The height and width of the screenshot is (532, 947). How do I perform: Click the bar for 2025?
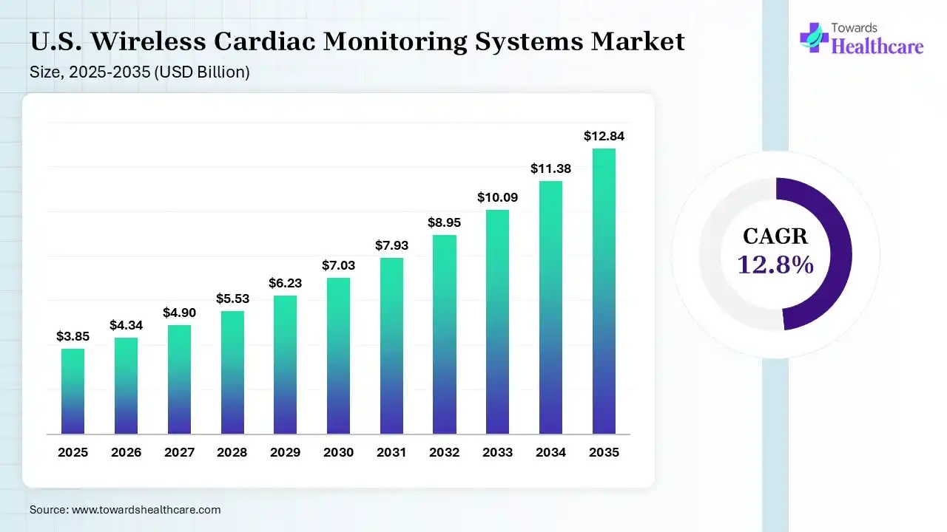[73, 391]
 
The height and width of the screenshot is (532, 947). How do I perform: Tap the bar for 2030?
[338, 355]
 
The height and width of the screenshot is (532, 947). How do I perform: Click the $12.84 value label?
[604, 136]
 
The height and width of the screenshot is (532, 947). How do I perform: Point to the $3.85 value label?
[73, 336]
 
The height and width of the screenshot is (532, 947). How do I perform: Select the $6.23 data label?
[285, 283]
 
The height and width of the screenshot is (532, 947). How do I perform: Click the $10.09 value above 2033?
[497, 197]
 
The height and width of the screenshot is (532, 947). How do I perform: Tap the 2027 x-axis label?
[179, 452]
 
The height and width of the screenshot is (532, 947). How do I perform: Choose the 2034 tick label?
[550, 452]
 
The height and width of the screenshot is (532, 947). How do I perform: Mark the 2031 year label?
[391, 452]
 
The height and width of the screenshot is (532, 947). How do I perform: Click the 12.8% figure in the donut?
[775, 264]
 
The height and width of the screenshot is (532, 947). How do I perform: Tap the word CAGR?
[775, 236]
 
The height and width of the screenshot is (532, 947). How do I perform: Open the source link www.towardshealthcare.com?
[145, 510]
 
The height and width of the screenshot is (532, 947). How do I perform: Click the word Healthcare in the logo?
[877, 47]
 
